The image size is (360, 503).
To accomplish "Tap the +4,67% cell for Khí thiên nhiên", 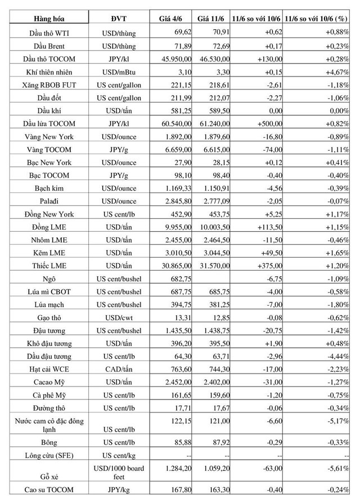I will click(337, 72).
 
